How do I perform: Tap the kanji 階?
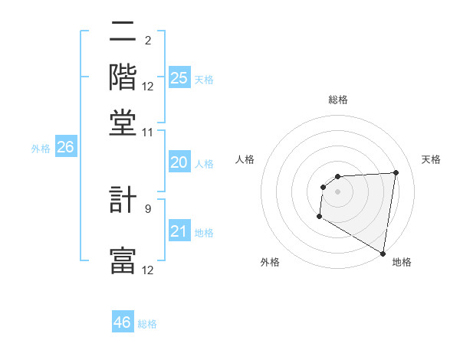(x=123, y=77)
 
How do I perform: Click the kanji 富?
(x=123, y=261)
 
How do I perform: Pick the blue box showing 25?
(x=179, y=77)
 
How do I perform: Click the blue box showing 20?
(x=179, y=162)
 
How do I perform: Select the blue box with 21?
(x=179, y=231)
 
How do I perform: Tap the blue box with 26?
(x=65, y=147)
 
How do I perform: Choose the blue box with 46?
(x=123, y=322)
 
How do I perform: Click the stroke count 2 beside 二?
(x=147, y=41)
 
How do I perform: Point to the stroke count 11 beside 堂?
(x=148, y=132)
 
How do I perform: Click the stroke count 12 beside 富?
(x=148, y=270)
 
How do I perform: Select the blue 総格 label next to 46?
(x=147, y=324)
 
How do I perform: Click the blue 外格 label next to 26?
(x=40, y=149)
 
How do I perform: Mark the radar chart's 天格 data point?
(x=396, y=172)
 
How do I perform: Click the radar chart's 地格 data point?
(x=383, y=254)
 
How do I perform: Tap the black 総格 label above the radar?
(x=337, y=100)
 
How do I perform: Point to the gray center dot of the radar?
(x=337, y=191)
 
